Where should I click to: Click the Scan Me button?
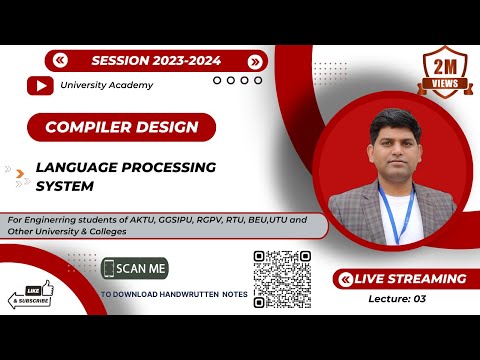[135, 269]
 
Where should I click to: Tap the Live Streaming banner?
[405, 279]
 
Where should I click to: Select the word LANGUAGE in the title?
[77, 166]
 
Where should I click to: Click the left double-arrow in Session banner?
[61, 61]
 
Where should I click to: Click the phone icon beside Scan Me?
[108, 269]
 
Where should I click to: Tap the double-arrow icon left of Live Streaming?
[346, 279]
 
